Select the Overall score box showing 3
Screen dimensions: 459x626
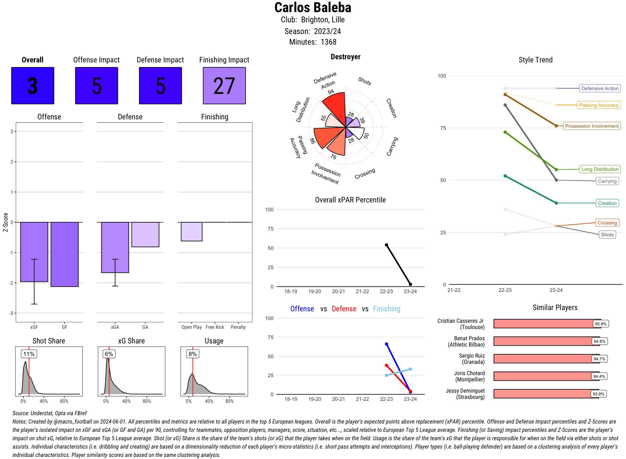click(x=33, y=86)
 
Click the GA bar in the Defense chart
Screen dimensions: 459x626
click(x=145, y=234)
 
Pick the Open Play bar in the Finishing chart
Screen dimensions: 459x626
click(x=191, y=231)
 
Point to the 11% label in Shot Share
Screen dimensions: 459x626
click(x=29, y=354)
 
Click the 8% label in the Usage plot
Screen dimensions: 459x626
click(x=193, y=354)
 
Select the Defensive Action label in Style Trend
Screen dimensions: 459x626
click(x=600, y=88)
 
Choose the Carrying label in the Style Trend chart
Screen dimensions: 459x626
click(x=607, y=181)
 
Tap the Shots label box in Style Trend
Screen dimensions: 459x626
click(x=607, y=235)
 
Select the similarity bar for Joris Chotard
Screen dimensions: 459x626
click(x=546, y=376)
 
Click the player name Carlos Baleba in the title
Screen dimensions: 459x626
click(x=313, y=8)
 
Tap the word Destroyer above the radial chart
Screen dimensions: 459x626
click(x=345, y=57)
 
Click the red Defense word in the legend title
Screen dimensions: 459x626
click(x=344, y=309)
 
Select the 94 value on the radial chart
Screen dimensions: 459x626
click(x=331, y=92)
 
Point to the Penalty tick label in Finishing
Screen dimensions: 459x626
click(x=238, y=327)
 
